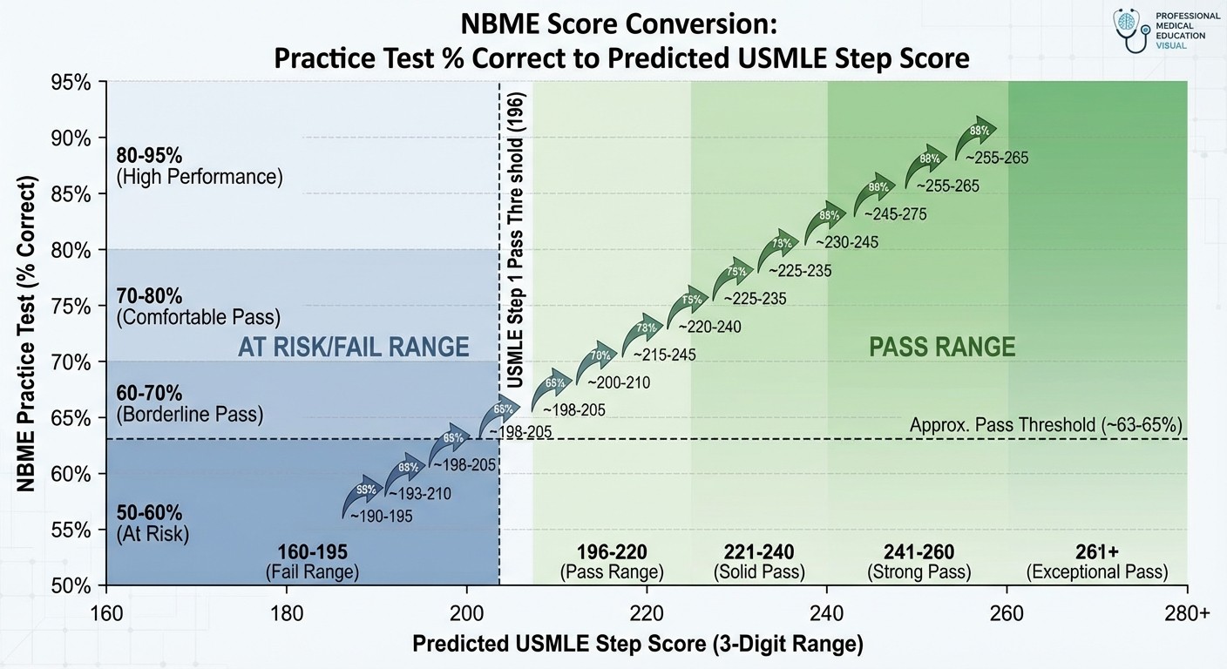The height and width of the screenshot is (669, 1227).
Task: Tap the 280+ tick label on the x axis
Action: click(1186, 612)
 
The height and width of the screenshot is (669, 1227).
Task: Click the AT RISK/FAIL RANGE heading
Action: click(353, 348)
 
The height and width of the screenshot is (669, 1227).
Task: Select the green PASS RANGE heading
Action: click(942, 348)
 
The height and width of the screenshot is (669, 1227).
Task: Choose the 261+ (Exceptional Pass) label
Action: click(1097, 562)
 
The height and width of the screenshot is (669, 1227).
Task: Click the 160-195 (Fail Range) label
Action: click(312, 562)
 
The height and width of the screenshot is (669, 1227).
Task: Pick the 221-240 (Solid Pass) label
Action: click(759, 562)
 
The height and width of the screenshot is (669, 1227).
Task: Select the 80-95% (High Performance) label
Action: click(200, 166)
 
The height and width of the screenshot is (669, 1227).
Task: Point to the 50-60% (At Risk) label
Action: click(153, 523)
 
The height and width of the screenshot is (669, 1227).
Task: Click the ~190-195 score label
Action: click(381, 516)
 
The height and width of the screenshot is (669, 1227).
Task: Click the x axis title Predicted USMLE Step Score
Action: click(637, 644)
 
